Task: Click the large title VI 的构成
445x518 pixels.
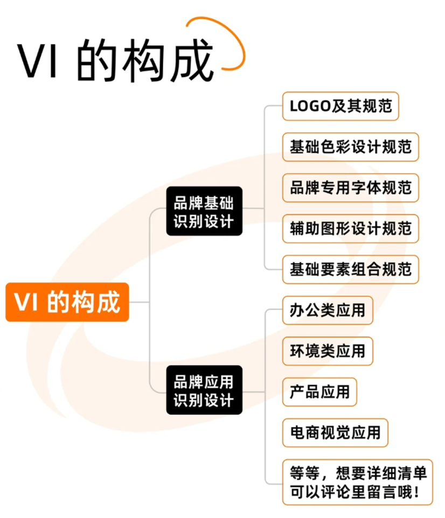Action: click(116, 60)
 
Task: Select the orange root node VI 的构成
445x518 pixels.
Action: click(67, 302)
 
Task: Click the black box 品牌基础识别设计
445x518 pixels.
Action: click(204, 211)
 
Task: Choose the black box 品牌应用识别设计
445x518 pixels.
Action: click(204, 390)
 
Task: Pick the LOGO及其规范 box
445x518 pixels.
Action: click(340, 106)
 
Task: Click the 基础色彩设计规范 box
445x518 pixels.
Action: click(350, 147)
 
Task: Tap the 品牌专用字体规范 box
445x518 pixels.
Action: click(350, 187)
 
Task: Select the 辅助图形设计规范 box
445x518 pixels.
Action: click(350, 228)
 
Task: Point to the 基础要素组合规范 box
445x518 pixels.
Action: click(350, 269)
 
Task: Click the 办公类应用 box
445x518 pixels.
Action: click(328, 310)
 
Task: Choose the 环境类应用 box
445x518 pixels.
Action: click(328, 351)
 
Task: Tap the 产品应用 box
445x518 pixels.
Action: click(319, 391)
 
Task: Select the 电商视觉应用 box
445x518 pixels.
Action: click(335, 432)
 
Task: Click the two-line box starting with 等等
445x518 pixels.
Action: click(357, 482)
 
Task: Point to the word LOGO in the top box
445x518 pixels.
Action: click(310, 106)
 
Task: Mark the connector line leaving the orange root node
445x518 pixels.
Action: click(139, 302)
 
